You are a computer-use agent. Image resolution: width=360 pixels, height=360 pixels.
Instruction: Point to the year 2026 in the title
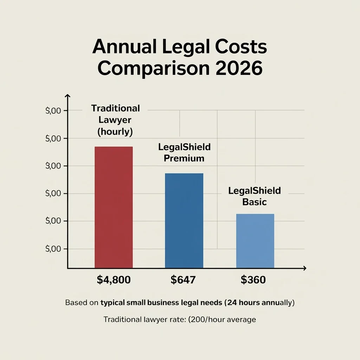click(x=240, y=68)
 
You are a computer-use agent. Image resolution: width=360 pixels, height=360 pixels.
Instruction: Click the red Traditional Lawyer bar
click(x=114, y=207)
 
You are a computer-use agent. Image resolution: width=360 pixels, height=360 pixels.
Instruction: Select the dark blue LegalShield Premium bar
click(x=184, y=221)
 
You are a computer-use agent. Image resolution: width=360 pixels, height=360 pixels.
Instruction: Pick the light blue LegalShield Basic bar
click(x=255, y=241)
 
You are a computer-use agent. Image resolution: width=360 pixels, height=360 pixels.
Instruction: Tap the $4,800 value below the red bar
click(x=114, y=280)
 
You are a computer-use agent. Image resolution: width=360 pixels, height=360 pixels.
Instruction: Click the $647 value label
click(x=183, y=280)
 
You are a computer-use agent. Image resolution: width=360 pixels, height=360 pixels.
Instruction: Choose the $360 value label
click(x=253, y=280)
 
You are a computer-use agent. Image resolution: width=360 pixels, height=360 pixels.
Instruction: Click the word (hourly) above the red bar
click(x=115, y=132)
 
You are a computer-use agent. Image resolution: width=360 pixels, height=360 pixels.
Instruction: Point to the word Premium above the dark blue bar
click(x=184, y=158)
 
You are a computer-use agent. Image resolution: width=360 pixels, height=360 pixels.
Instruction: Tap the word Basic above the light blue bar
click(x=255, y=202)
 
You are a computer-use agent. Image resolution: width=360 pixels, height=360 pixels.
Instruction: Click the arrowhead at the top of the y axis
click(x=68, y=96)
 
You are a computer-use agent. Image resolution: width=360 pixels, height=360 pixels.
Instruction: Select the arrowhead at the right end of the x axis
click(x=304, y=268)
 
